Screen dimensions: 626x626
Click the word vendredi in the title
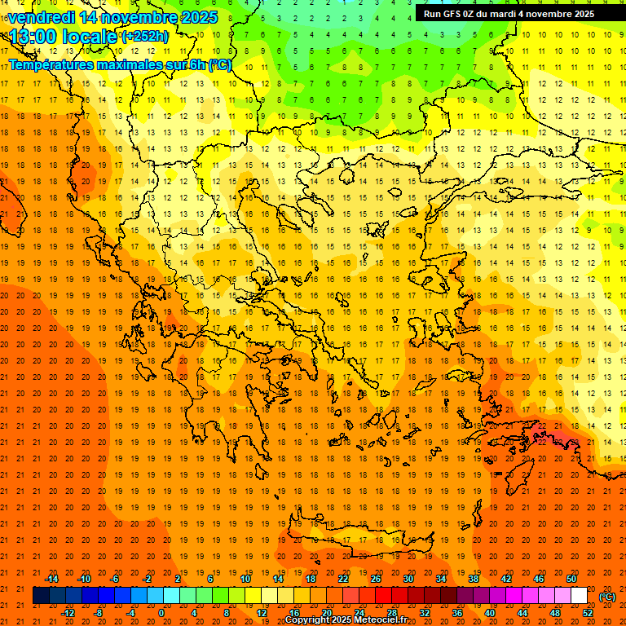coord(43,17)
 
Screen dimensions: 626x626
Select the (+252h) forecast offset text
coord(144,36)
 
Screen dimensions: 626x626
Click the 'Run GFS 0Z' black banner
coord(509,13)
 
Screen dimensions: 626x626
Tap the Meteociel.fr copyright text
coord(346,620)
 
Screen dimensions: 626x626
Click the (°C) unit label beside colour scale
coord(607,597)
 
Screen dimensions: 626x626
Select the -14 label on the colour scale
coord(52,579)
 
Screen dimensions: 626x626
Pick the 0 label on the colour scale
coord(161,613)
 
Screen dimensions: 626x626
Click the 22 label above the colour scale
coord(343,579)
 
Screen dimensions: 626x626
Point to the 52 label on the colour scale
coord(588,613)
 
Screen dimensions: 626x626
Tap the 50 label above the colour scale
coord(571,579)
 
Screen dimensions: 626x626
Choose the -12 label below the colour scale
coord(68,613)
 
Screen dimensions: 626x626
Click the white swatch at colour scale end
coord(579,596)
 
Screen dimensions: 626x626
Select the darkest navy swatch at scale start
coord(41,596)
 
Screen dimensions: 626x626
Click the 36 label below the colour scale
coord(457,613)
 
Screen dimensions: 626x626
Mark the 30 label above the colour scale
coord(408,579)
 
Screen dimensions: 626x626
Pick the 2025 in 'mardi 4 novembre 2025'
coord(580,13)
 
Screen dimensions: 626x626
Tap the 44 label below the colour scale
coord(522,613)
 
